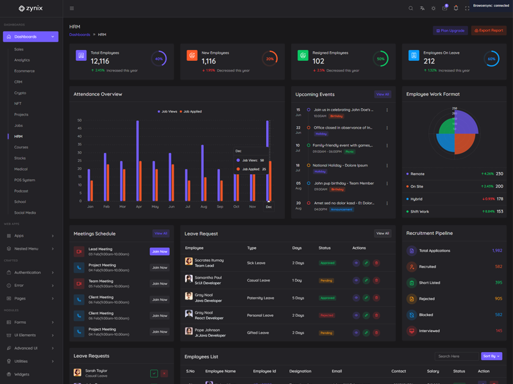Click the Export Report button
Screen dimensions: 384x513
point(489,31)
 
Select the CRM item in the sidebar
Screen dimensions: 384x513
point(19,82)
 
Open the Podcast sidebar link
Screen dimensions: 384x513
point(21,191)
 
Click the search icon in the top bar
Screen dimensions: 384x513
point(411,8)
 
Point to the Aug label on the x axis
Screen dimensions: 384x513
point(203,207)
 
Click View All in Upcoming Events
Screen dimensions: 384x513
point(383,94)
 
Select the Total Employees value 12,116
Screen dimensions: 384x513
point(100,61)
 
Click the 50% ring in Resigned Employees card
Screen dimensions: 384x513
point(381,58)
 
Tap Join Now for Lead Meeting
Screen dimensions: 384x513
point(160,252)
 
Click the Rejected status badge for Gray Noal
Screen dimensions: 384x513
point(327,316)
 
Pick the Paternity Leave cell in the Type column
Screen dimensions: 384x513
point(260,298)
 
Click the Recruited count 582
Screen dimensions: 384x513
point(498,267)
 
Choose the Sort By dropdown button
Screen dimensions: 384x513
point(491,356)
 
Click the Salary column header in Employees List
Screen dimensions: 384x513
point(433,371)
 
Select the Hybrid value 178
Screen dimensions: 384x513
point(500,199)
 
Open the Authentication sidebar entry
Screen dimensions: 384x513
point(28,273)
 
